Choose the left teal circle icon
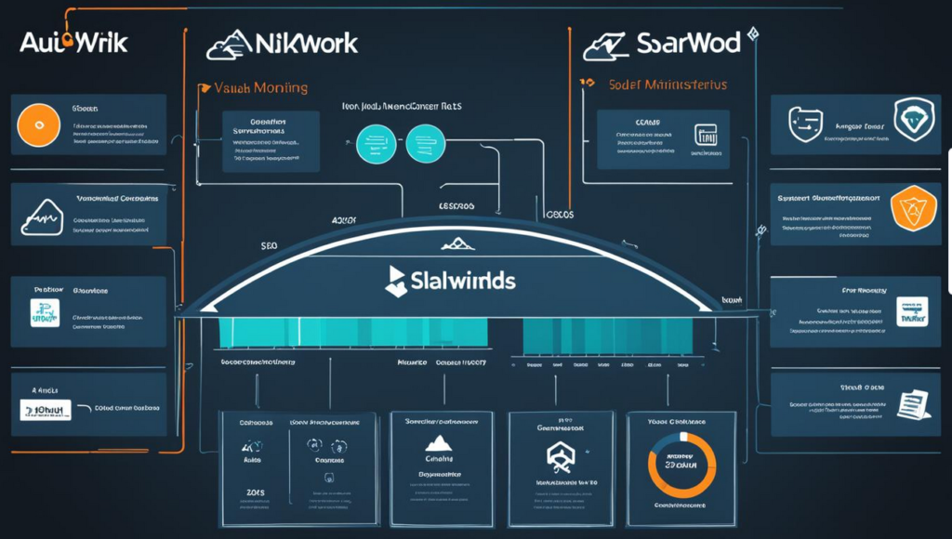(x=376, y=143)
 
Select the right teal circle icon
(x=426, y=143)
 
